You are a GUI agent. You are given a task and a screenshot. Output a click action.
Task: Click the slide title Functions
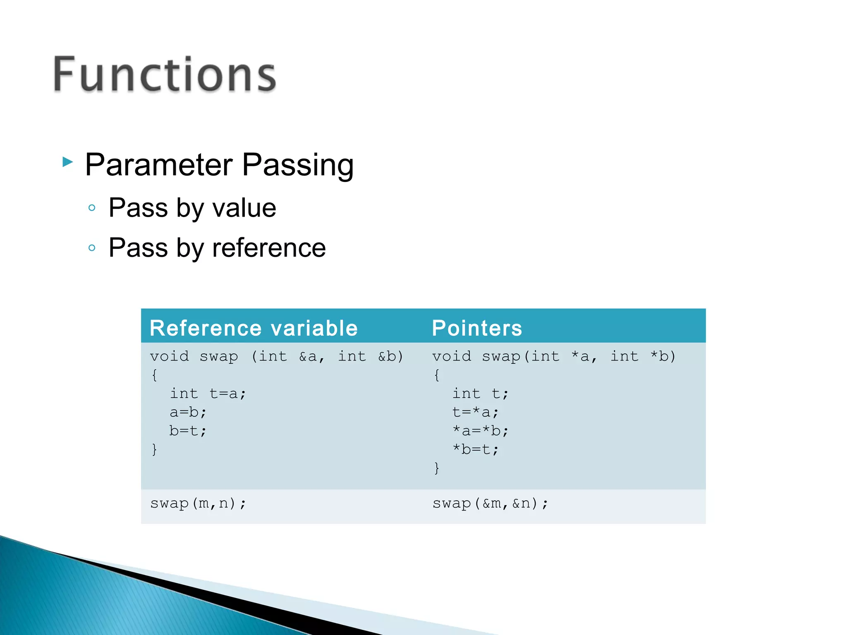click(165, 74)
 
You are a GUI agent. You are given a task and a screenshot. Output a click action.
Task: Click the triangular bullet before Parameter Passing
click(67, 162)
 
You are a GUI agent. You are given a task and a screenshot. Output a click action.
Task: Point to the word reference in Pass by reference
click(269, 248)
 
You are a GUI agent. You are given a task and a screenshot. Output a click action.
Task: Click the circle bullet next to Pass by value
click(92, 208)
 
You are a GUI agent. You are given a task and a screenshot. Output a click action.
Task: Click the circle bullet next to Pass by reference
click(92, 248)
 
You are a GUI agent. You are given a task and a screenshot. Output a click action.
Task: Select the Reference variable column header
click(254, 328)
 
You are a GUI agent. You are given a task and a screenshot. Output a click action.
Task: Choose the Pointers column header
click(477, 328)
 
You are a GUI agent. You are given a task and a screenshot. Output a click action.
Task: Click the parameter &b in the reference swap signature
click(390, 356)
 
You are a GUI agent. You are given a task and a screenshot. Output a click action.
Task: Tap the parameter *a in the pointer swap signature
click(581, 356)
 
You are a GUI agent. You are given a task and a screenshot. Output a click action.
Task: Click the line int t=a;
click(208, 394)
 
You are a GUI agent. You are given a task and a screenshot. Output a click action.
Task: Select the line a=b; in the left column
click(188, 412)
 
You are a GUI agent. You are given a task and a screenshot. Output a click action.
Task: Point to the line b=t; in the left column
click(188, 431)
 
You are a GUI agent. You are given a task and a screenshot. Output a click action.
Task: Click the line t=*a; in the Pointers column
click(476, 412)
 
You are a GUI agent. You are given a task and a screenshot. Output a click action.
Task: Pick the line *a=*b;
click(480, 431)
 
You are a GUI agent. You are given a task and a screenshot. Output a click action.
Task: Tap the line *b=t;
click(476, 449)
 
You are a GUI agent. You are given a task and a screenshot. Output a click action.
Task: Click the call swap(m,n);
click(198, 504)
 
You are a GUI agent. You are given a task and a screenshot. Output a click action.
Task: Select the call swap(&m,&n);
click(490, 504)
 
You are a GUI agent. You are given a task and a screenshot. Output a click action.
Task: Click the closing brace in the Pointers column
click(436, 468)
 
